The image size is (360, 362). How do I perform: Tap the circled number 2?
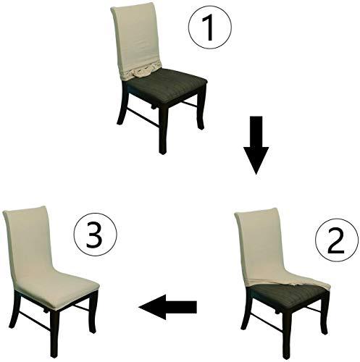coord(337,240)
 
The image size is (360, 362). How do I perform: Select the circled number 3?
coord(95,234)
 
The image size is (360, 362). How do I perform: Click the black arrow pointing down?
coord(256,145)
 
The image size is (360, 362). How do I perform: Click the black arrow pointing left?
coord(168,307)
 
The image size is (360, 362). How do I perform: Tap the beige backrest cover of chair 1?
coord(135,38)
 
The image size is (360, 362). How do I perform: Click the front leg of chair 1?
coord(163,128)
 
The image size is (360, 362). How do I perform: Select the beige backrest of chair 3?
coord(27,244)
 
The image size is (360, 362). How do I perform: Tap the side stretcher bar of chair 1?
coord(143,117)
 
